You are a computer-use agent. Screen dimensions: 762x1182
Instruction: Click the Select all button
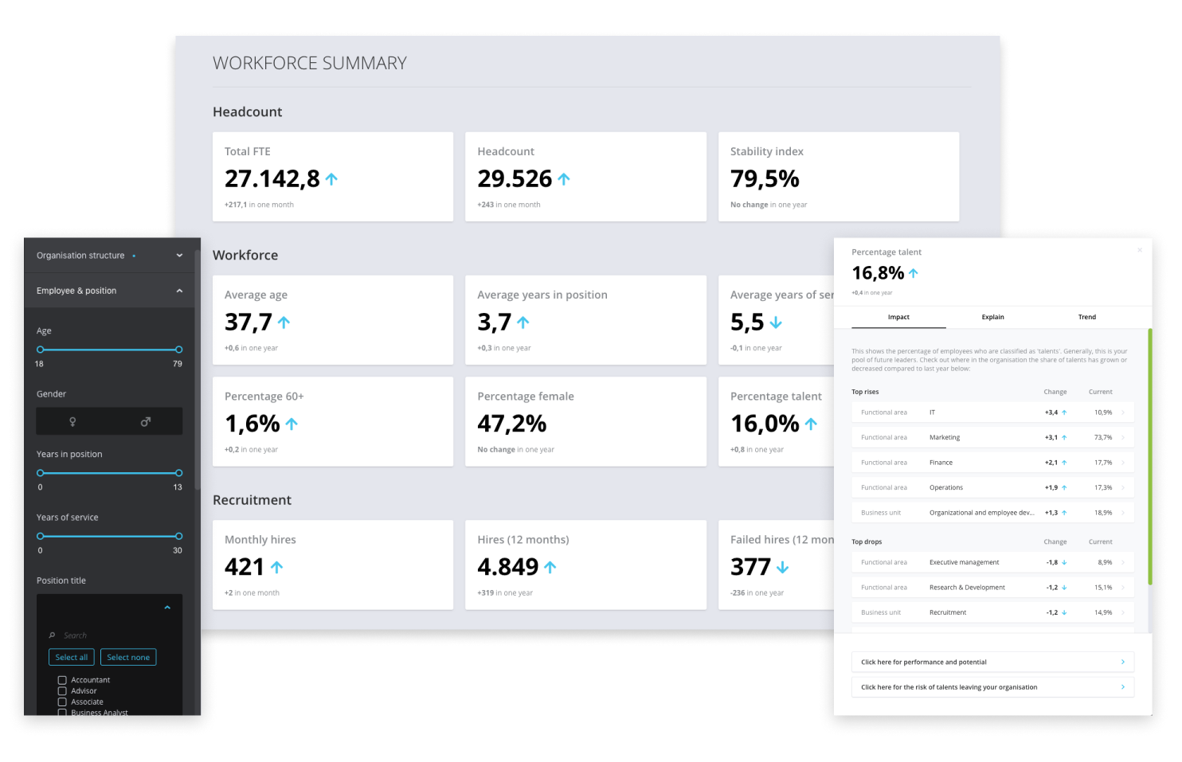[72, 657]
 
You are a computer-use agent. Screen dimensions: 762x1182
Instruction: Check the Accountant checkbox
[62, 680]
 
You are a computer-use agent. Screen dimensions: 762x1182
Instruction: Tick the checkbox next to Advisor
[62, 691]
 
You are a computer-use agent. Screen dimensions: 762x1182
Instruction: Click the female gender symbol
[72, 421]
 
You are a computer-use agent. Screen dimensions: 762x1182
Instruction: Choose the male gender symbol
[146, 421]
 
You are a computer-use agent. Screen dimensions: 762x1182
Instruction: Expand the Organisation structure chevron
[179, 256]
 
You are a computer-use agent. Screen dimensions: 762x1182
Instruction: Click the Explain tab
[992, 317]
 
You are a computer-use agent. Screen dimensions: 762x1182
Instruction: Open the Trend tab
[1086, 317]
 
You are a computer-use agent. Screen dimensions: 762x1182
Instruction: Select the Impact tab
[898, 317]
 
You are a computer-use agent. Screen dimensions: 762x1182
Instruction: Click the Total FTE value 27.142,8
[272, 179]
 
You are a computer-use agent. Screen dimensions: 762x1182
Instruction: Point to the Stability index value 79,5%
[765, 179]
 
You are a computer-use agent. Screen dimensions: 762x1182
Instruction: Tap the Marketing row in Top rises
[945, 437]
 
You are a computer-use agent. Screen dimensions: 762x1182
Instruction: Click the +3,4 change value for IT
[1051, 412]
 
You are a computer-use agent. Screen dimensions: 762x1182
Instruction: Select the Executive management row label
[964, 562]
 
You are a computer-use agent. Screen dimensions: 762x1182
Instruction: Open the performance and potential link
[992, 662]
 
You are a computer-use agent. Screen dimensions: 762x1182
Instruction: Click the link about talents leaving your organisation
[992, 687]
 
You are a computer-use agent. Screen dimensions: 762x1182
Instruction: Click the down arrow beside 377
[782, 567]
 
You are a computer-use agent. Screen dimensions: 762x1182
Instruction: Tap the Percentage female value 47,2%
[511, 424]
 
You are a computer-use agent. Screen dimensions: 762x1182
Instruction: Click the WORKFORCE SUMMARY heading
[309, 64]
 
